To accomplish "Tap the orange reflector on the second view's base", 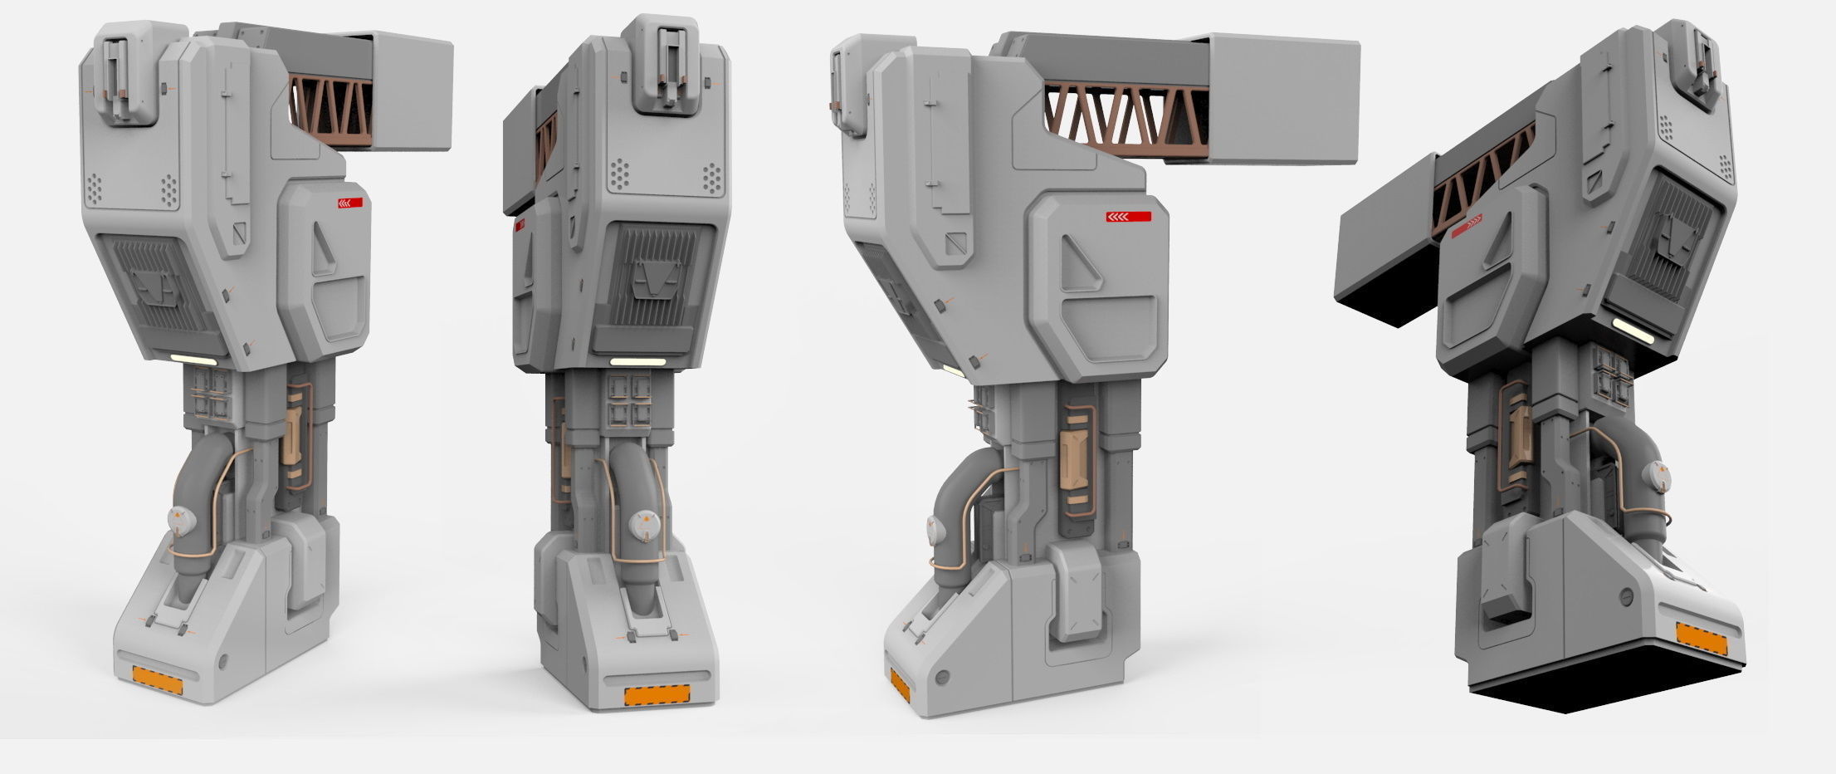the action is [x=657, y=694].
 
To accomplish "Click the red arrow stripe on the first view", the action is [x=349, y=202].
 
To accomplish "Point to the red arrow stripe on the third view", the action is [x=1128, y=217].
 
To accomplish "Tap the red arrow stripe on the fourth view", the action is [x=1467, y=226].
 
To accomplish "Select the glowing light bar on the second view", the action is [x=637, y=362].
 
